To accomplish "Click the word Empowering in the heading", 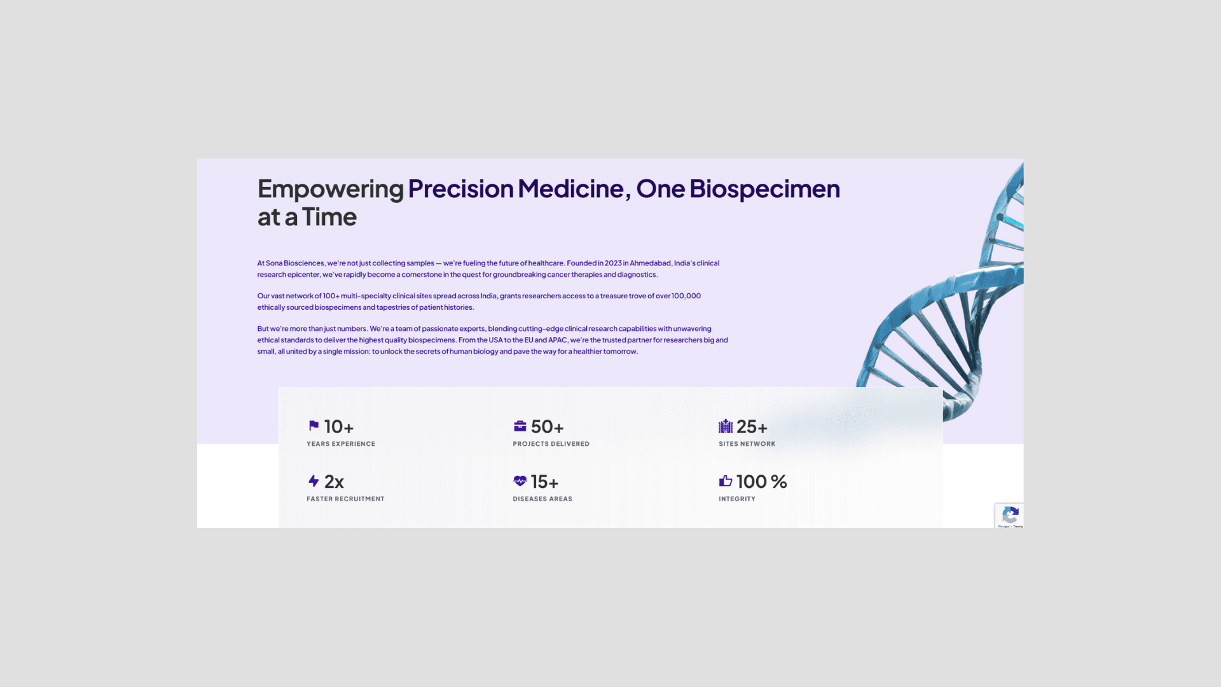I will tap(330, 189).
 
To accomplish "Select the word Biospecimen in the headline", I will tap(764, 189).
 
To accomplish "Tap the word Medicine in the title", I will tap(570, 189).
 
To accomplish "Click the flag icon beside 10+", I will tap(314, 426).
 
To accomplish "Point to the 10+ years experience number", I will tap(339, 427).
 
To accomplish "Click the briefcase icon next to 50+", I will tap(520, 426).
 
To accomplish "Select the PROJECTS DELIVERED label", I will tap(551, 444).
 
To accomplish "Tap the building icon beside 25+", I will tap(726, 426).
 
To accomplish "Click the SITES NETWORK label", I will tap(747, 444).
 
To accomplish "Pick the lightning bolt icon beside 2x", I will tap(314, 481).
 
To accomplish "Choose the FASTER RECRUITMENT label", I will tap(345, 499).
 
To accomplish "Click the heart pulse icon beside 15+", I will tap(520, 481).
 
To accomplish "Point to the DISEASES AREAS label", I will tap(542, 499).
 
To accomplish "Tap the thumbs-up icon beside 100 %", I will tap(726, 481).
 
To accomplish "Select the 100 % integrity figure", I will tap(762, 482).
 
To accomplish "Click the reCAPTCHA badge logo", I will tap(1010, 515).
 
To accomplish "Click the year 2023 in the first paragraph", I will tap(613, 263).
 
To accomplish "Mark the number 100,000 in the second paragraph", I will tap(686, 296).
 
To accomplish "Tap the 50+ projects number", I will tap(547, 427).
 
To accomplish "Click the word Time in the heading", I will tap(329, 217).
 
